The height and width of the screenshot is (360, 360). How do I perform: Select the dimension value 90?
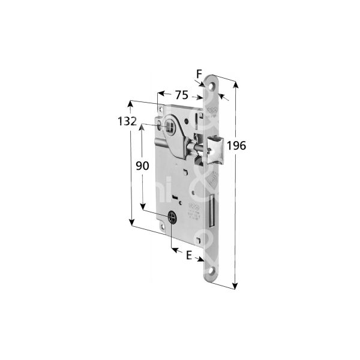[142, 166]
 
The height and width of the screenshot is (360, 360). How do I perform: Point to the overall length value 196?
[238, 145]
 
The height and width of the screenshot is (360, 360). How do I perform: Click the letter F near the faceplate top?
[199, 74]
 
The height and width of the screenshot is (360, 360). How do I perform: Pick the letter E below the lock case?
[189, 255]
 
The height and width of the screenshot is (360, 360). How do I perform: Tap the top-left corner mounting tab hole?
[164, 108]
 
